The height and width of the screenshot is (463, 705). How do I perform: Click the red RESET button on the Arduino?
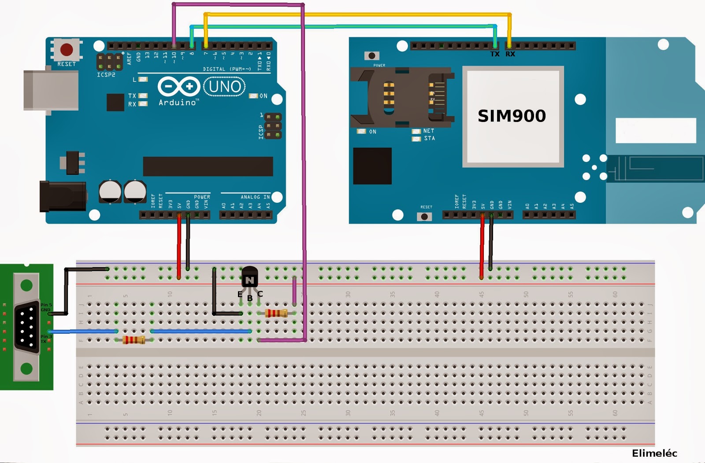click(67, 49)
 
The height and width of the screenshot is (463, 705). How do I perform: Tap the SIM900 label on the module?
click(512, 116)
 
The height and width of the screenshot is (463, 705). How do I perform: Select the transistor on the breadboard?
click(249, 278)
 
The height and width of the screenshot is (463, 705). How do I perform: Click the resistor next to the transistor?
click(276, 313)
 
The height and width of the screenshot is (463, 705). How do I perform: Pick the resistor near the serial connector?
click(134, 340)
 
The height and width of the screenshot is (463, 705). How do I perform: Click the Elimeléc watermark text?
click(654, 453)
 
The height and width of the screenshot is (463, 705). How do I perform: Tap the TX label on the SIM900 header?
click(495, 54)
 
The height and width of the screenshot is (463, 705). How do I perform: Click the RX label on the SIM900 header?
click(510, 54)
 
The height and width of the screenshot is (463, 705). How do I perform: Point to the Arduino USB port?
click(51, 90)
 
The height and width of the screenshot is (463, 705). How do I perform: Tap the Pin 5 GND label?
click(46, 307)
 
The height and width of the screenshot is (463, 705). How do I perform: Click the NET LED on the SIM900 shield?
click(416, 131)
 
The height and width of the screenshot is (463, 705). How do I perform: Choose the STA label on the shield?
click(429, 139)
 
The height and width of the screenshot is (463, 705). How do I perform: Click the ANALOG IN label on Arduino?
click(255, 197)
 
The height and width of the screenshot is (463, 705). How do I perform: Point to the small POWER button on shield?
click(372, 56)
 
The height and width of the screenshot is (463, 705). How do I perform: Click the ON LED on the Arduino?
click(253, 96)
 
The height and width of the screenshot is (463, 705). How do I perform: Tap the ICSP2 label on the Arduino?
click(106, 75)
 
